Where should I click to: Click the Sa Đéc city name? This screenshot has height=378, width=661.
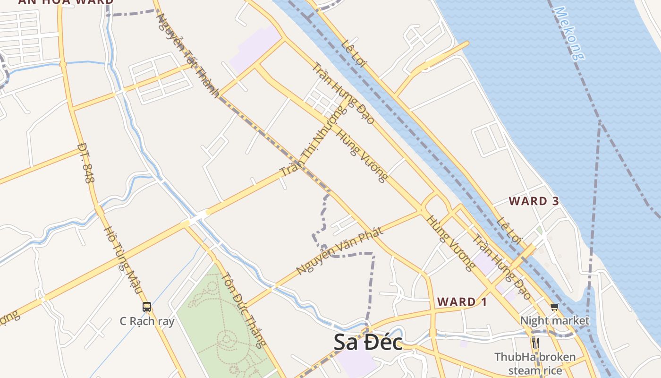pos(368,343)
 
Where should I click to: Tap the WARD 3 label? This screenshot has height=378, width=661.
pos(534,201)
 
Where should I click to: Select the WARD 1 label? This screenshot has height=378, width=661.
pos(462,302)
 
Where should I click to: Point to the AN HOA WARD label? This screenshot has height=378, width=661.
pos(66,2)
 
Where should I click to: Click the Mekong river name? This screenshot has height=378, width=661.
pos(570,33)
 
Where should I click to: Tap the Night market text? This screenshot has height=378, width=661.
pos(554,321)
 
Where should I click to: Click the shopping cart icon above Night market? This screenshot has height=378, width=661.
pos(554,307)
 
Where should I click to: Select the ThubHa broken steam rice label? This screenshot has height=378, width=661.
pos(535,363)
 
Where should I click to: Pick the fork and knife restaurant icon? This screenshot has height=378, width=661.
pos(535,342)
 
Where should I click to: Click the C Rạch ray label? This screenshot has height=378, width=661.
pos(147,321)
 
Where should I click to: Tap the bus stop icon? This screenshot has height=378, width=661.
pos(147,307)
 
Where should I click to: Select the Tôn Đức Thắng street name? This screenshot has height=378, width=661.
pos(243,310)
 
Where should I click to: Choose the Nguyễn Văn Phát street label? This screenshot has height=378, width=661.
pos(339,250)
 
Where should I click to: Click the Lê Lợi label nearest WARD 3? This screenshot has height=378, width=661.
pos(509,230)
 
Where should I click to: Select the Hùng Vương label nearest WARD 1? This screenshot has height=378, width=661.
pos(450,243)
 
